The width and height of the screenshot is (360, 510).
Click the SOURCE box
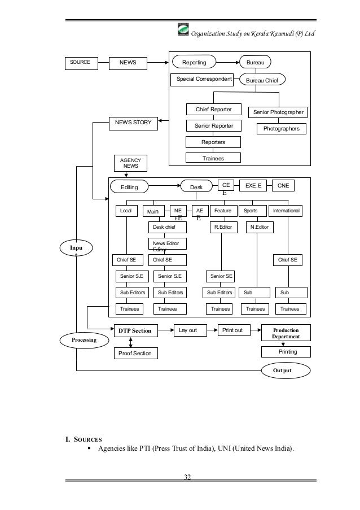80,62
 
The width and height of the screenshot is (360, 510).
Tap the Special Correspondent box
204,79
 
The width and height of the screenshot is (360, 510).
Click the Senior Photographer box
279,112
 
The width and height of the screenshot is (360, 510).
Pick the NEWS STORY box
133,122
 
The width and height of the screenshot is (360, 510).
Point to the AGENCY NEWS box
130,163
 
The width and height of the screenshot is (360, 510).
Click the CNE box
283,185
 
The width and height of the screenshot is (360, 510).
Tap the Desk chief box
167,227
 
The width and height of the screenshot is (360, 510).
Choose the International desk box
286,211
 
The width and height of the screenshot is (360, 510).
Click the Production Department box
286,332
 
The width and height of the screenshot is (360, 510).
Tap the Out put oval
286,370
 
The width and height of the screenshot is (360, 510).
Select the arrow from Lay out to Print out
210,330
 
